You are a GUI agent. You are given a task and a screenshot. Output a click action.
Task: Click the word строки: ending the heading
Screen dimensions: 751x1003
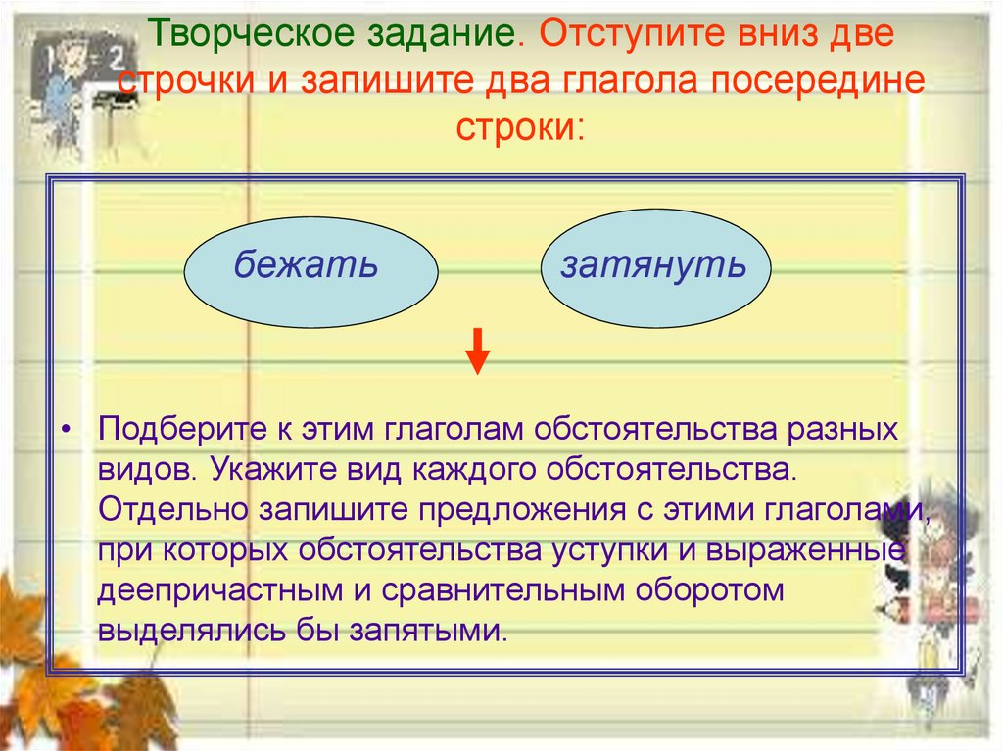pos(518,128)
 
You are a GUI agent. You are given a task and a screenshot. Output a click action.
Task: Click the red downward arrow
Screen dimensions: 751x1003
pos(477,352)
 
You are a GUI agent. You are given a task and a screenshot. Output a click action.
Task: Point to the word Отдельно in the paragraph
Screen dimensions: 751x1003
pos(173,508)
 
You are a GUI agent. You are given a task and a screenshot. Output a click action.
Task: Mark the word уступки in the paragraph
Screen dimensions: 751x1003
pos(644,549)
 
